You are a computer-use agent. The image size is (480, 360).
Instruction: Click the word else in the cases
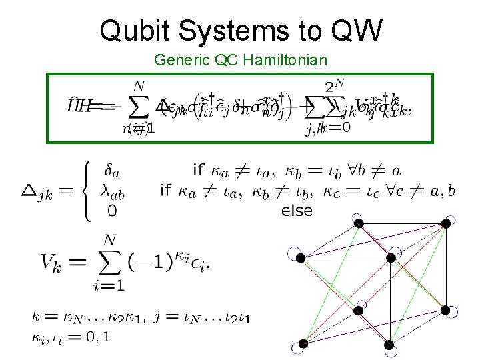(x=297, y=211)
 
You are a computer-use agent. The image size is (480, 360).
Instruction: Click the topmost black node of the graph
(x=359, y=223)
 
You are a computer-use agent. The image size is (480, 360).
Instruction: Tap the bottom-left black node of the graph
(x=303, y=343)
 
